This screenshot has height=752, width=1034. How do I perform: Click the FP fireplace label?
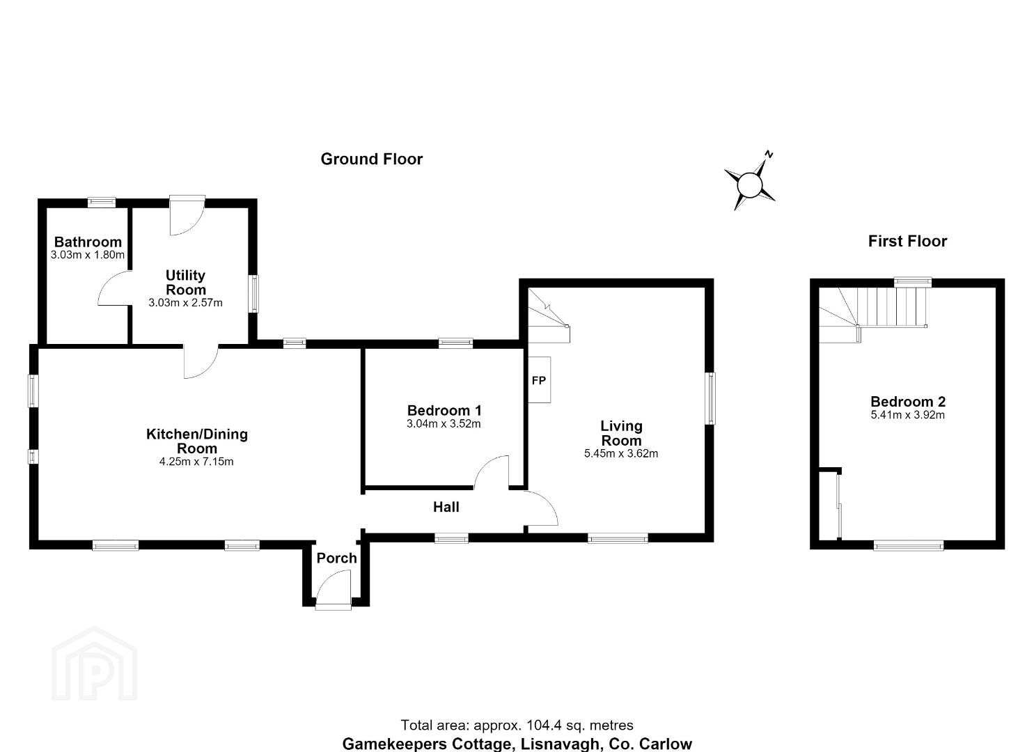click(539, 380)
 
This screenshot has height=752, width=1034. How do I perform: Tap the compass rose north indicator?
click(769, 154)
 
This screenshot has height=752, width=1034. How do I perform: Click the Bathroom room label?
click(88, 242)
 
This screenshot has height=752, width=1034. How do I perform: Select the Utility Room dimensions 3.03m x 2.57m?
click(186, 303)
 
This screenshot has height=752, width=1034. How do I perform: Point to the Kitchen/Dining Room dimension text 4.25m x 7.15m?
click(196, 461)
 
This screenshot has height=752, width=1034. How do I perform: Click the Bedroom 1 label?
click(444, 410)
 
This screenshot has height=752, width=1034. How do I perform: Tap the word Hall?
click(446, 507)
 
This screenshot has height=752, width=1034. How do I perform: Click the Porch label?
click(336, 558)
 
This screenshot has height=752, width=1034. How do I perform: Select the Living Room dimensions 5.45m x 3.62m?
click(621, 453)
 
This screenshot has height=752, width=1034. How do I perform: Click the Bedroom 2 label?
click(907, 401)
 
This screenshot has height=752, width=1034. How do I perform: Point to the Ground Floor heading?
click(372, 159)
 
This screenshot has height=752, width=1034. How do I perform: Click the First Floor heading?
click(907, 241)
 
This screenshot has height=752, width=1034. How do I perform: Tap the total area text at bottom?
click(517, 726)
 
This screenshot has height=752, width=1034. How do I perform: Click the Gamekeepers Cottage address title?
click(517, 744)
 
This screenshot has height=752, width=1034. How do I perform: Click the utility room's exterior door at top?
click(187, 214)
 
